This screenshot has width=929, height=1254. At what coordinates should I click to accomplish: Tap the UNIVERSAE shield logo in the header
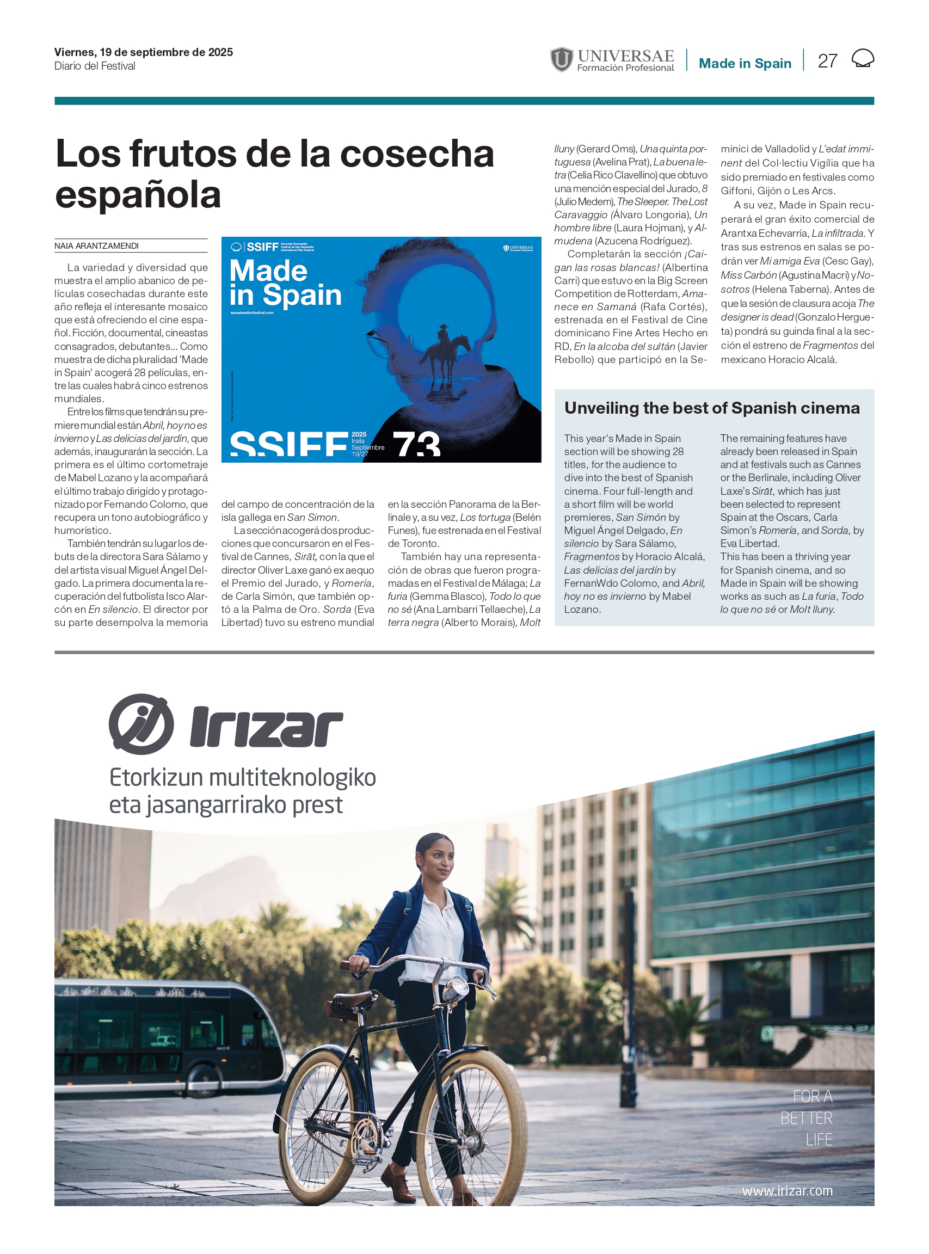(561, 60)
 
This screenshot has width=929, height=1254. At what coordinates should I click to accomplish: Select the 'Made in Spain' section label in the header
(745, 64)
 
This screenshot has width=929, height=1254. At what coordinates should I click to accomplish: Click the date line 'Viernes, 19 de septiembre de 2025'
(143, 52)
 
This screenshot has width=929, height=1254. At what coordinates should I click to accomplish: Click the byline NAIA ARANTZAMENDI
(97, 246)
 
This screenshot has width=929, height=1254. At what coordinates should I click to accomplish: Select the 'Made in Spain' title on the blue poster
(285, 283)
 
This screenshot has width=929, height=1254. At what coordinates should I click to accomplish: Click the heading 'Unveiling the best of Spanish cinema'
(711, 408)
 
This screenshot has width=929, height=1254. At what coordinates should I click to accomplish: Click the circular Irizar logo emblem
(140, 724)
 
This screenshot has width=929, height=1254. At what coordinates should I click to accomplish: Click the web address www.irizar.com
(787, 1190)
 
